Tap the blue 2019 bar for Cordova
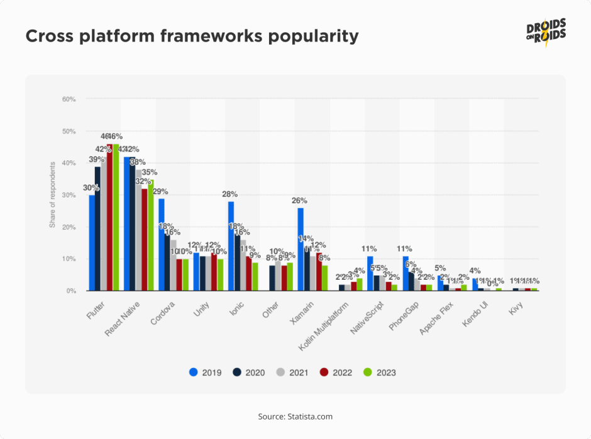162,245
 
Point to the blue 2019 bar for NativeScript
370,274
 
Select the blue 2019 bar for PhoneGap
406,274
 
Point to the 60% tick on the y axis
69,99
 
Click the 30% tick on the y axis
69,195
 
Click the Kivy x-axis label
516,304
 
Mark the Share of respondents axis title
53,195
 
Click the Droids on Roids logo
546,35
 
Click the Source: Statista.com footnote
295,416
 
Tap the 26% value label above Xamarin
299,201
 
